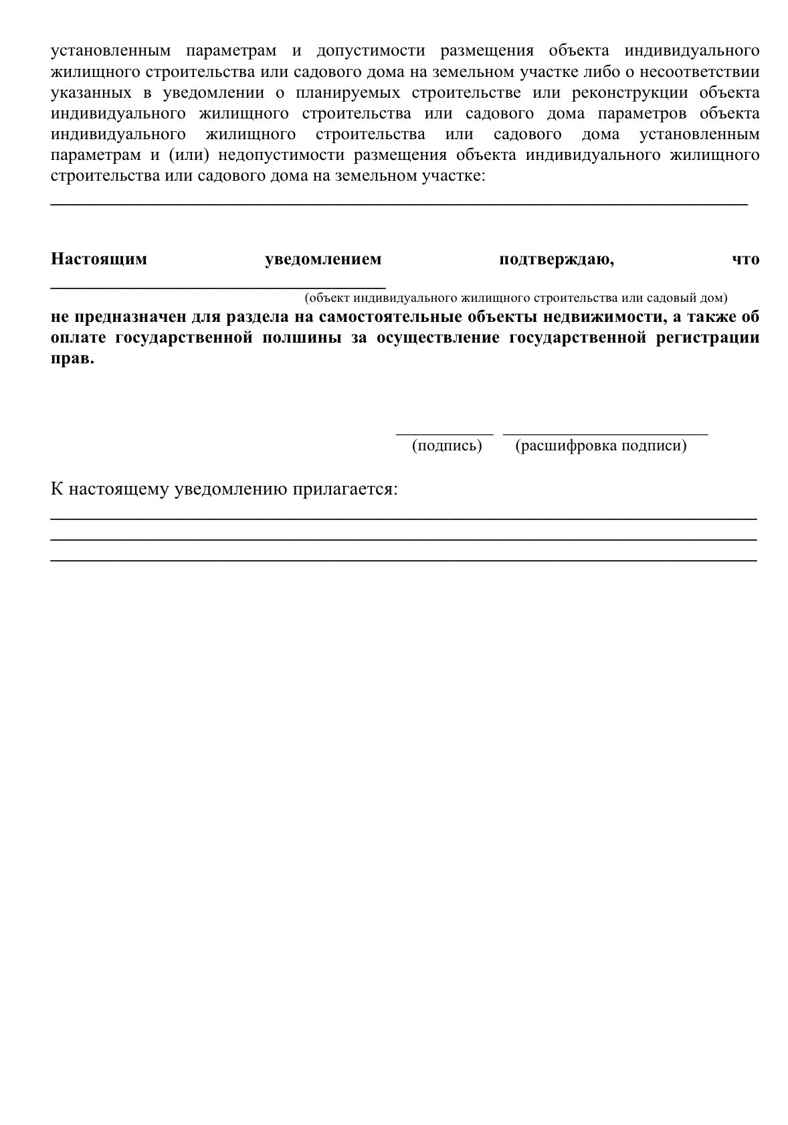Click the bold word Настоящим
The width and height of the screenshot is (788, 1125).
coord(99,260)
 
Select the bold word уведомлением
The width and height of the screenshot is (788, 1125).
coord(323,260)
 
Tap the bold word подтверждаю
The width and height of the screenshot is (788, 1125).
coord(556,260)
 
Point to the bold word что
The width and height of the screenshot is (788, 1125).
coord(746,260)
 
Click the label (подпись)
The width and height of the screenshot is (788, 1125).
coord(447,446)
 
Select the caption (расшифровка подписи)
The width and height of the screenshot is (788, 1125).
coord(601,446)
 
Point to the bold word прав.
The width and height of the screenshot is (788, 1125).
coord(72,358)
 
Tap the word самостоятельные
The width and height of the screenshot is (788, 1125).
coord(387,317)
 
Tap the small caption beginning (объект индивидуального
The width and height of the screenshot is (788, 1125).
coord(516,297)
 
